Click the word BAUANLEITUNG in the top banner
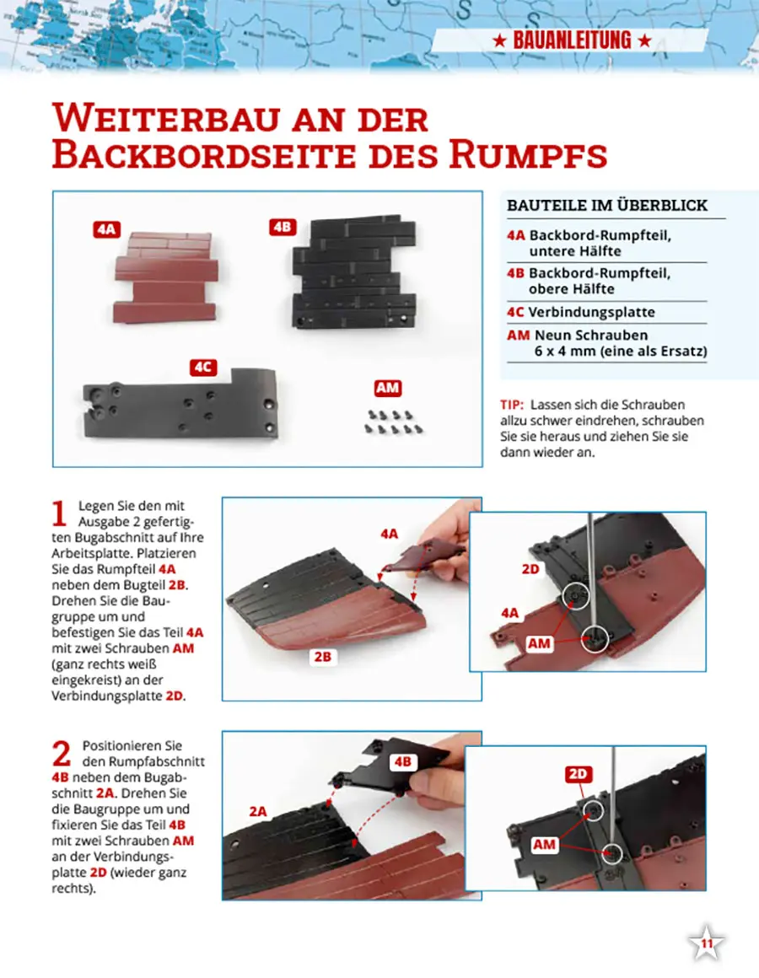pyautogui.click(x=572, y=40)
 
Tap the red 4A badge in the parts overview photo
pyautogui.click(x=106, y=229)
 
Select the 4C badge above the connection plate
pyautogui.click(x=203, y=368)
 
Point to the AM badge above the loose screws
pyautogui.click(x=387, y=388)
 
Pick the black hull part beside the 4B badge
pyautogui.click(x=354, y=272)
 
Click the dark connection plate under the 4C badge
pyautogui.click(x=180, y=404)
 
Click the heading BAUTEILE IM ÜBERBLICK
pyautogui.click(x=607, y=205)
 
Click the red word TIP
pyautogui.click(x=511, y=405)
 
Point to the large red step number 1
pyautogui.click(x=59, y=514)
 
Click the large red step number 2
pyautogui.click(x=62, y=754)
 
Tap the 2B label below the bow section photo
pyautogui.click(x=322, y=657)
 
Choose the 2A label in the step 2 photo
pyautogui.click(x=257, y=811)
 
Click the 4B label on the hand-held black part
pyautogui.click(x=403, y=761)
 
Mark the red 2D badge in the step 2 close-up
pyautogui.click(x=578, y=774)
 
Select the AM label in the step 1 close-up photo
pyautogui.click(x=540, y=643)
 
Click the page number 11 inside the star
pyautogui.click(x=706, y=943)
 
